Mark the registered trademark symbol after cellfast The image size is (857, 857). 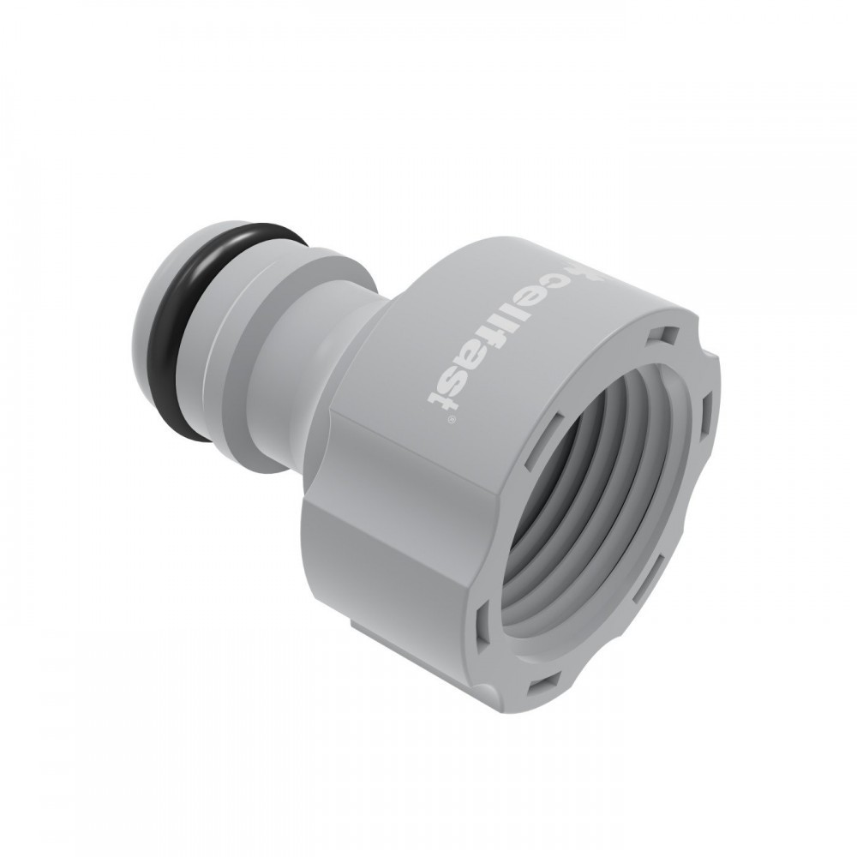[x=447, y=422]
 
